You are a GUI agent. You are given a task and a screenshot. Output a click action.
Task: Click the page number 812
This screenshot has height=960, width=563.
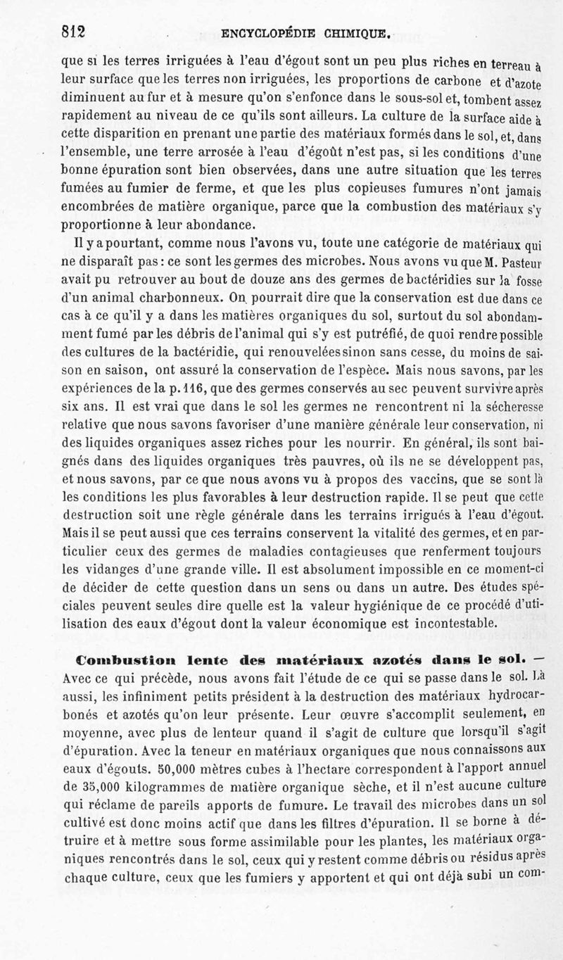pyautogui.click(x=72, y=32)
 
